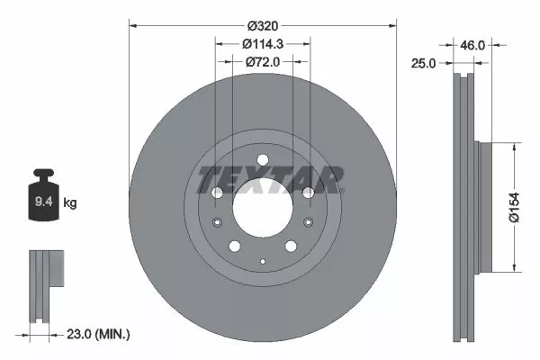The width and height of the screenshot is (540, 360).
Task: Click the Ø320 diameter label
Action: coord(263,27)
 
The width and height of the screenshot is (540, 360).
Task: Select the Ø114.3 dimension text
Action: coord(263,44)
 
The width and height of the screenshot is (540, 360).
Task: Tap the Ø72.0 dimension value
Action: coord(263,61)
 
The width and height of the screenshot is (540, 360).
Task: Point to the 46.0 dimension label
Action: coord(473,43)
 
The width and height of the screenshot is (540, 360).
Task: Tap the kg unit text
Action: coord(70,203)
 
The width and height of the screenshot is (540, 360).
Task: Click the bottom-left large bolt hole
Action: coord(234,247)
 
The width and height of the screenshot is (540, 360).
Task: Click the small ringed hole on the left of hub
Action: coord(217,223)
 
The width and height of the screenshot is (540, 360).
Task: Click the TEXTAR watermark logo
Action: coord(270,180)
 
